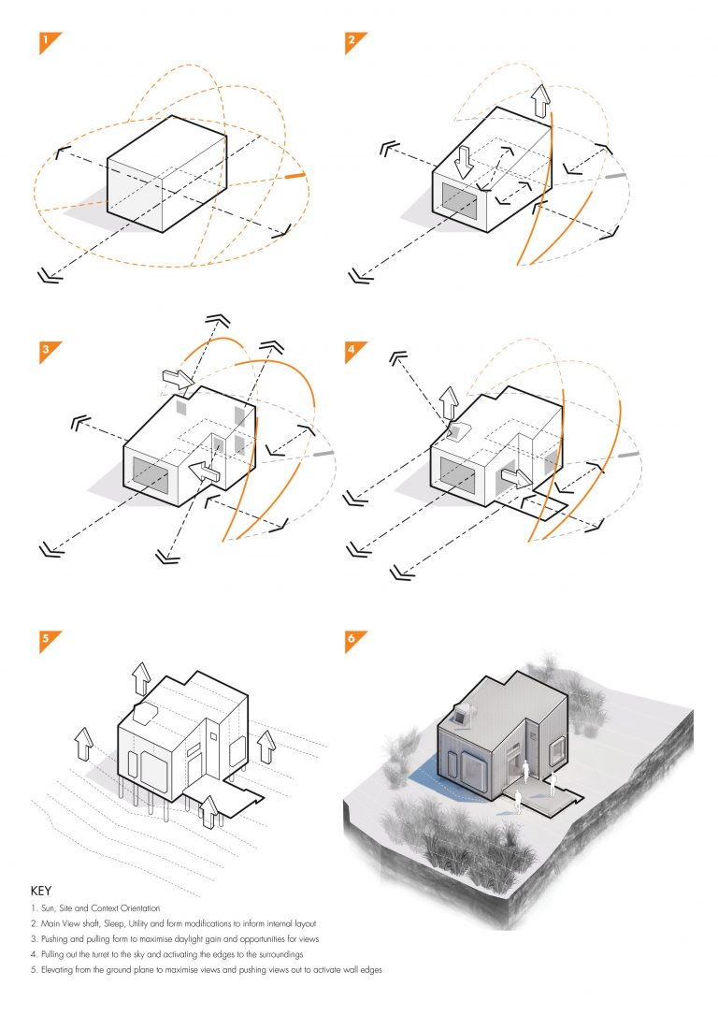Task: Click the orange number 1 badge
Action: click(x=47, y=42)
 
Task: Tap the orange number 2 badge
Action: click(x=352, y=42)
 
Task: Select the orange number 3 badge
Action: click(x=47, y=352)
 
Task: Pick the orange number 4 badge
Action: click(x=352, y=352)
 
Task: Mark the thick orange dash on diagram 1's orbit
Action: click(x=295, y=176)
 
